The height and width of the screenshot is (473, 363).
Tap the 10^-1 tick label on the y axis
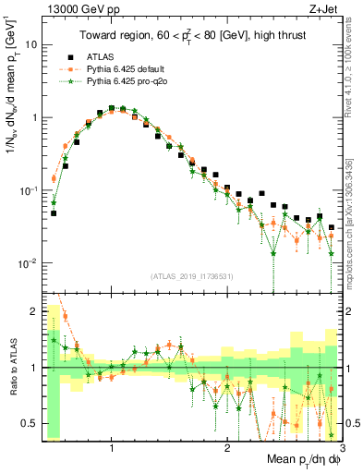28,190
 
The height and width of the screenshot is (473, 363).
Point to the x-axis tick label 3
342,448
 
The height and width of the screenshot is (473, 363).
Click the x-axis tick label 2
227,448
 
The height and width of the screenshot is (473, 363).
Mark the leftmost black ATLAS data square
54,213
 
